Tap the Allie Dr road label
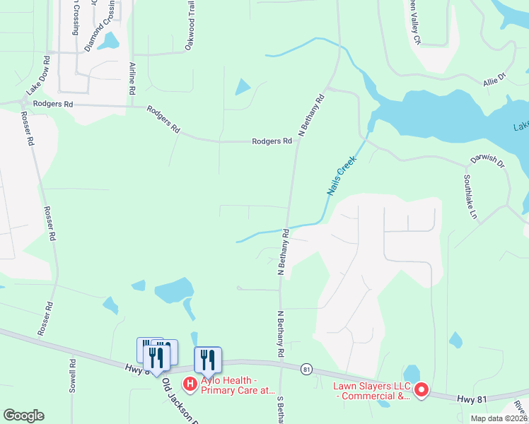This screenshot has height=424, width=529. click(495, 78)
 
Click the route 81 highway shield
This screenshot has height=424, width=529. click(306, 369)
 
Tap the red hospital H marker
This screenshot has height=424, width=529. click(190, 384)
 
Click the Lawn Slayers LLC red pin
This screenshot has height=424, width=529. click(421, 389)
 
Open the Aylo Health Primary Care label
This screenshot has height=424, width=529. click(237, 384)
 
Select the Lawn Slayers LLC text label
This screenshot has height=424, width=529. click(372, 390)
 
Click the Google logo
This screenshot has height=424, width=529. click(23, 416)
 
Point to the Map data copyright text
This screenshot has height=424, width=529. click(499, 418)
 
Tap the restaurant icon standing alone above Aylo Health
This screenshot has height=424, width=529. click(208, 358)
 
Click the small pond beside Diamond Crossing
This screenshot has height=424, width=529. click(110, 41)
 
